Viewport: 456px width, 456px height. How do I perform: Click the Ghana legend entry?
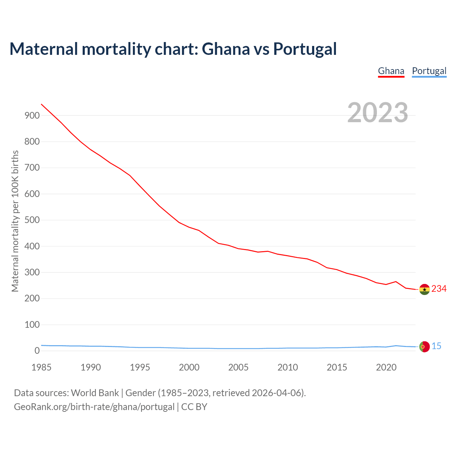pyautogui.click(x=391, y=71)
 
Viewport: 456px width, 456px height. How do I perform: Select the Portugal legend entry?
pyautogui.click(x=429, y=71)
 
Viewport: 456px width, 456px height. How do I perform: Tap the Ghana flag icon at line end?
pyautogui.click(x=424, y=289)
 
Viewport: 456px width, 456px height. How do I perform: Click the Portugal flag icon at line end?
pyautogui.click(x=424, y=346)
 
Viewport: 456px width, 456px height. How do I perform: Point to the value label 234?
pyautogui.click(x=439, y=289)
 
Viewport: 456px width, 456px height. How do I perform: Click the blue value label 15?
pyautogui.click(x=436, y=346)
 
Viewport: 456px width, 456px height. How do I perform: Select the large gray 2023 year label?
pyautogui.click(x=378, y=113)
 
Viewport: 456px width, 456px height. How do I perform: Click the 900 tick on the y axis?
pyautogui.click(x=32, y=115)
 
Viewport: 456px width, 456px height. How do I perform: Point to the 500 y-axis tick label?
pyautogui.click(x=32, y=220)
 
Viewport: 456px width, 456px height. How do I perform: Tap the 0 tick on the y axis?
pyautogui.click(x=37, y=351)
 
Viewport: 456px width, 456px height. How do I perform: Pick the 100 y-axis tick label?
pyautogui.click(x=32, y=325)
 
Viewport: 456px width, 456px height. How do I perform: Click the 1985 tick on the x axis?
pyautogui.click(x=41, y=367)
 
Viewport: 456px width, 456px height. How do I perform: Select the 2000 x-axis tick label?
pyautogui.click(x=189, y=367)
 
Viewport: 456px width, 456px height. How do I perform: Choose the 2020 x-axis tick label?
pyautogui.click(x=386, y=367)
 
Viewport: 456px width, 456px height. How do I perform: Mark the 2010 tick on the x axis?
pyautogui.click(x=287, y=367)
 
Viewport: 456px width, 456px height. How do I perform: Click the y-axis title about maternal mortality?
pyautogui.click(x=15, y=221)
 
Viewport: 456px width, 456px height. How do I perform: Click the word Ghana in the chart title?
pyautogui.click(x=226, y=49)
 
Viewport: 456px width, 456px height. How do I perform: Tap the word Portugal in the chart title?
pyautogui.click(x=305, y=49)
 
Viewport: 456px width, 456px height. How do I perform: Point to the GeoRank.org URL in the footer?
pyautogui.click(x=94, y=407)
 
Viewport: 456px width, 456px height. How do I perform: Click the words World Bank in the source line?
pyautogui.click(x=95, y=393)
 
